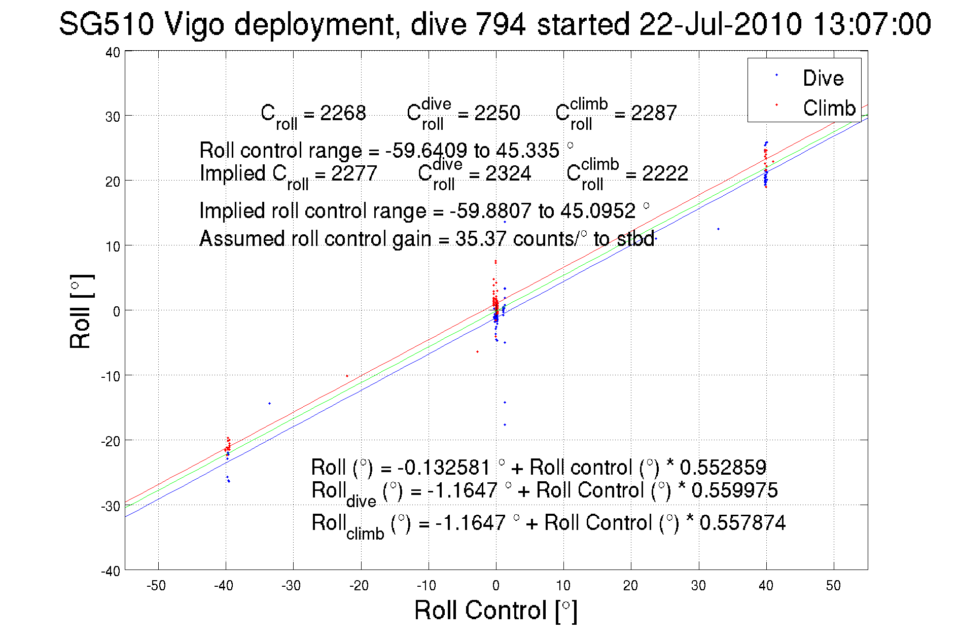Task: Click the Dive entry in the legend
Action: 823,78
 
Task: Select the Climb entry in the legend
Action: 829,108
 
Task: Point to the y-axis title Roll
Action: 81,311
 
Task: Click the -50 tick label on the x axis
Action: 156,586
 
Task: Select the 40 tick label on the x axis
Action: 766,586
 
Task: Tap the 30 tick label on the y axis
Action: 113,117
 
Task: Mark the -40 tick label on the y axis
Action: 111,571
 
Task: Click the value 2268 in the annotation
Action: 343,113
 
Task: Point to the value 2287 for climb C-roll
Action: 654,113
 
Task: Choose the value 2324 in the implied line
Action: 508,173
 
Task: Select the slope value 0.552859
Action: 723,467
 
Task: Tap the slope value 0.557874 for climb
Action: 742,522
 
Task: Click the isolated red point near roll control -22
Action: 347,376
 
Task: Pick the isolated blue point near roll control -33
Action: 269,403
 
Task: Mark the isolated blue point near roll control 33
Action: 718,229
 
